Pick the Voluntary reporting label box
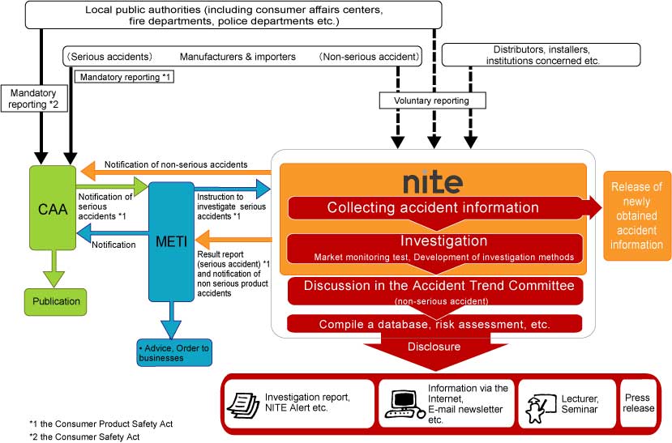pos(434,100)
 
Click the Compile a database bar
pos(434,324)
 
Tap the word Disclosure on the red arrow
pos(434,347)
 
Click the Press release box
pos(637,403)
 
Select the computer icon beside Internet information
pos(404,403)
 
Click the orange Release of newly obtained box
pos(636,215)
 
